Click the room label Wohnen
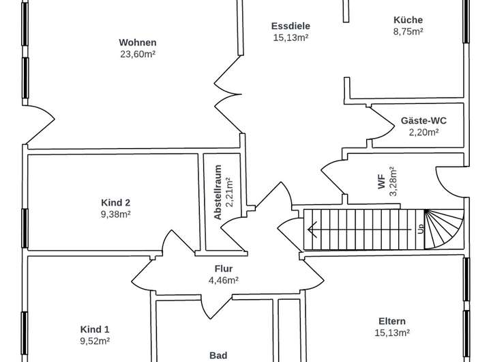pos(137,42)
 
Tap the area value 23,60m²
pos(137,54)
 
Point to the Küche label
pos(408,20)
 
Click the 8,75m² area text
pos(408,31)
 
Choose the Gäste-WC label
pos(423,120)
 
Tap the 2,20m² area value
pos(423,132)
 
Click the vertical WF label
pos(382,182)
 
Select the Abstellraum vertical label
pos(218,192)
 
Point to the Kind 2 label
pos(115,202)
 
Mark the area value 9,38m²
pos(115,214)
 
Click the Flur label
pos(223,268)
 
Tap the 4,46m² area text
pos(223,280)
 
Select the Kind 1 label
pos(95,329)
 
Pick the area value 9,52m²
pos(95,341)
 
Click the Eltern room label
pos(392,321)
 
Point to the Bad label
pos(218,355)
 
